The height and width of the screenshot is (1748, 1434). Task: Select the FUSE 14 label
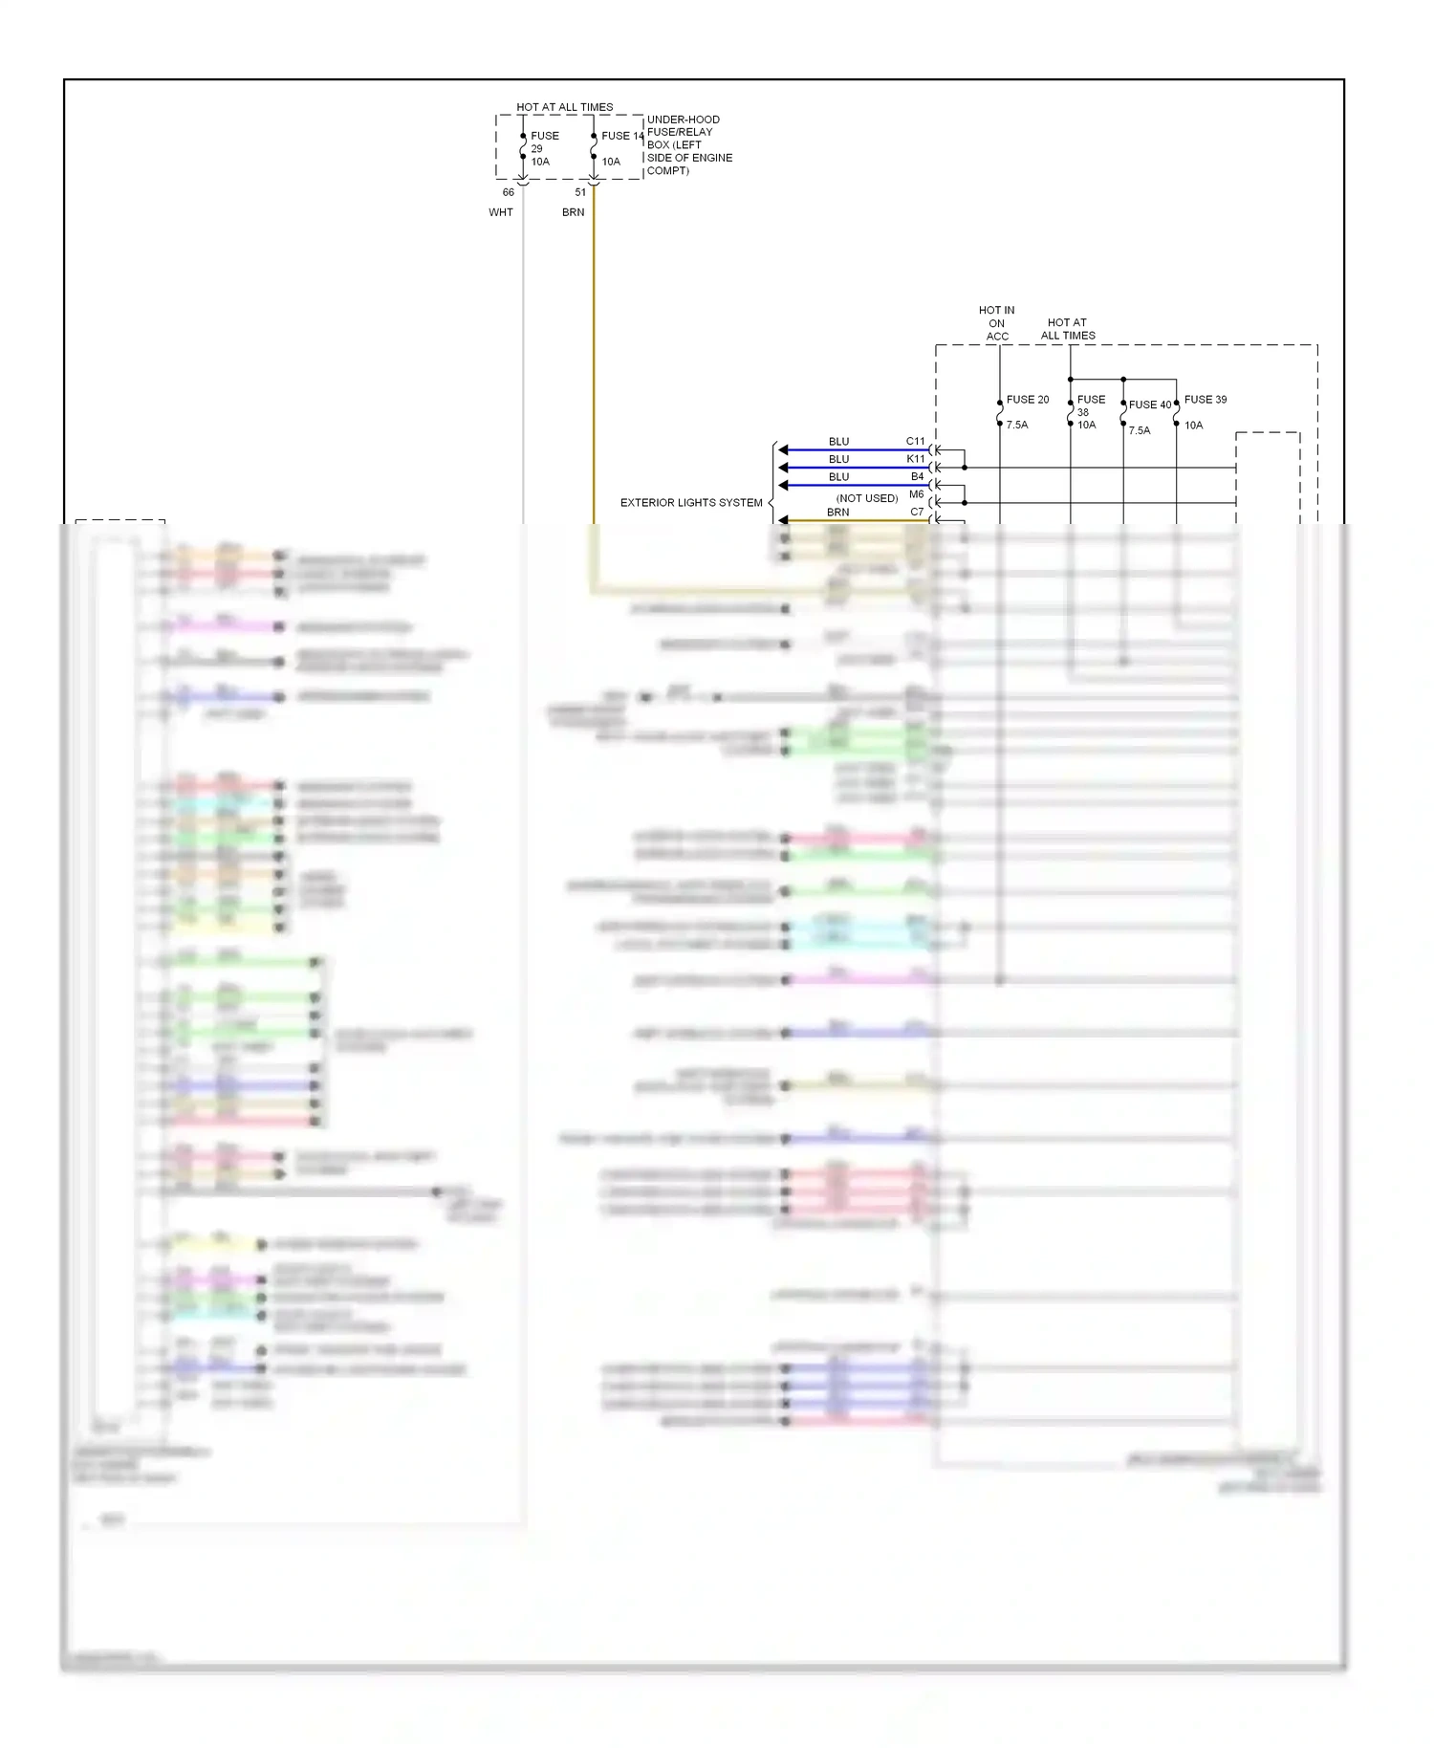tap(622, 136)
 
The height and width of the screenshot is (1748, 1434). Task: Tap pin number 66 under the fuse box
tap(509, 192)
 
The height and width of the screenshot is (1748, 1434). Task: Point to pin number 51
tap(580, 192)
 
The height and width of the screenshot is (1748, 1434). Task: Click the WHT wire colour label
tap(501, 212)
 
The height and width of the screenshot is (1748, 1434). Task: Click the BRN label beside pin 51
tap(574, 212)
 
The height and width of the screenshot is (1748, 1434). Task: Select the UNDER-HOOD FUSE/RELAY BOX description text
tap(689, 145)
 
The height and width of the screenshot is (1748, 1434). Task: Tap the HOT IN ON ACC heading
tap(997, 323)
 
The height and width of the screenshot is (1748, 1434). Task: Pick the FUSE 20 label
tap(1028, 400)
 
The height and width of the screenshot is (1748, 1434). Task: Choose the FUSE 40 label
tap(1149, 404)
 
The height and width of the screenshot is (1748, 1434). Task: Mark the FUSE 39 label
tap(1206, 400)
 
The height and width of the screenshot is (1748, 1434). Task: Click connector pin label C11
tap(916, 442)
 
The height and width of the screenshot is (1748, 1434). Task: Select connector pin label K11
tap(916, 459)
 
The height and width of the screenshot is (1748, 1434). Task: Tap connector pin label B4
tap(918, 476)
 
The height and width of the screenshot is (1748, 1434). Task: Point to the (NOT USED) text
tap(867, 498)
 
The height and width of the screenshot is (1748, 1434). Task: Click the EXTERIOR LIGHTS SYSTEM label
tap(691, 502)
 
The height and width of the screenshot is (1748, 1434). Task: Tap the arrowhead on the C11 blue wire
tap(783, 449)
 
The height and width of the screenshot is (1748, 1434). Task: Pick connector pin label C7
tap(918, 512)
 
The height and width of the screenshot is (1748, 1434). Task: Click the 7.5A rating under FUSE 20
tap(1017, 425)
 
